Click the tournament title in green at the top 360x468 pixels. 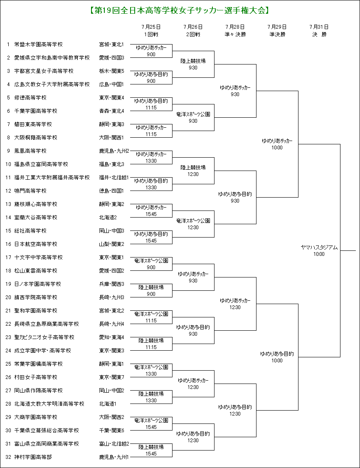point(180,11)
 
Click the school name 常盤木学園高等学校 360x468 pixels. point(39,45)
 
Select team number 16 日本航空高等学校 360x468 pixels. point(36,244)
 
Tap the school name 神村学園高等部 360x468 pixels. point(33,457)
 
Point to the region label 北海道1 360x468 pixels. point(108,404)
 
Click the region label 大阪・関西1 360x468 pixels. point(111,138)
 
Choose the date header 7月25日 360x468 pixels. point(151,27)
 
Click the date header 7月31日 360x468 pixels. point(319,27)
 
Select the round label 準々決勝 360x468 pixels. point(235,35)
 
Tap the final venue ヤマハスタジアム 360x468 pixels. point(319,248)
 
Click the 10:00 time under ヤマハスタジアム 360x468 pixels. point(319,254)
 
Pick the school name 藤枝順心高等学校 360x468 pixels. point(36,204)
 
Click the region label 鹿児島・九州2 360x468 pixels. point(114,151)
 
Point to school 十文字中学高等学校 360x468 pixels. point(39,257)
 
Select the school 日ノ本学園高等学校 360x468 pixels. point(37,284)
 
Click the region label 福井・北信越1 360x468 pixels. point(114,178)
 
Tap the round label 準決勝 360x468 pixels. point(277,35)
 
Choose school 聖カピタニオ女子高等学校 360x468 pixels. point(44,337)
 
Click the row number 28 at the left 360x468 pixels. point(8,404)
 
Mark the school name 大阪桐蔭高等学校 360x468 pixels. point(36,138)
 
